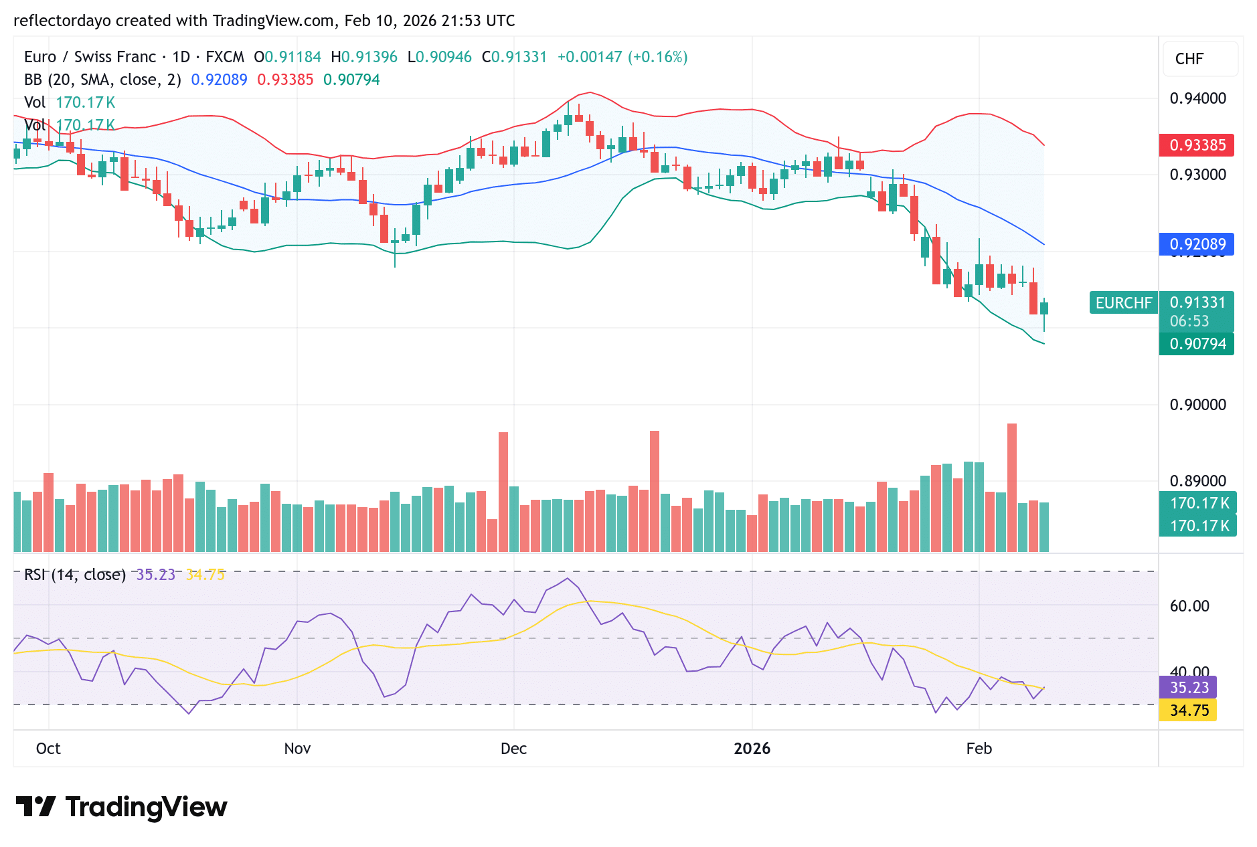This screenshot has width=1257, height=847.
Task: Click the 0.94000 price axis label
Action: coord(1197,98)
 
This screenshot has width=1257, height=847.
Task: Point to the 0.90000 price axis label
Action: coord(1197,405)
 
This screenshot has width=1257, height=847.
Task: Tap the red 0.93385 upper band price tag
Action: coord(1197,145)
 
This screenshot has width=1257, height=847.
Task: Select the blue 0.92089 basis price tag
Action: coord(1197,244)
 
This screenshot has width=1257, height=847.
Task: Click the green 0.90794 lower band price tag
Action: coord(1197,344)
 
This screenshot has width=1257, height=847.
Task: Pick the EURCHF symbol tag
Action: coord(1123,303)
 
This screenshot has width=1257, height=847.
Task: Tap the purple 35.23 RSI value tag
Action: coord(1188,688)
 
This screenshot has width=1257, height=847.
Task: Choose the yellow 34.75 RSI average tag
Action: coord(1188,711)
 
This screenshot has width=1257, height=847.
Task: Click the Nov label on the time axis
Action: coord(297,749)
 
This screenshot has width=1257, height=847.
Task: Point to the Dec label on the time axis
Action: coord(513,749)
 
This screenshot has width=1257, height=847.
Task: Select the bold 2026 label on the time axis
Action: coord(752,749)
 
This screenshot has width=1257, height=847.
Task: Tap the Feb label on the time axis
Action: coord(979,749)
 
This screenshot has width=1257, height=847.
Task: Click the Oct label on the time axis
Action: coord(48,749)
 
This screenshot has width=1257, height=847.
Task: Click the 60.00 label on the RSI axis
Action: coord(1189,606)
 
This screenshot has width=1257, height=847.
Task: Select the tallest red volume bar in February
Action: coord(1011,488)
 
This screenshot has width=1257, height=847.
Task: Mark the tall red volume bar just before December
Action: coord(503,492)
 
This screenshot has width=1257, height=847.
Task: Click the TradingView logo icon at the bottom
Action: coord(35,807)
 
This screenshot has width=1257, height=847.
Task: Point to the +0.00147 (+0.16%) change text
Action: coord(622,57)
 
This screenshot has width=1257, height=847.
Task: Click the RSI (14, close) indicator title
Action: coord(75,575)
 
